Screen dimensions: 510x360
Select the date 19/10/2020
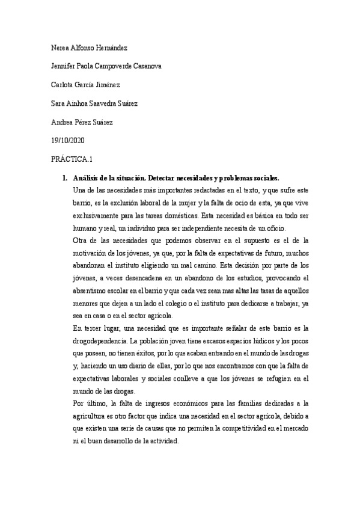tap(69, 141)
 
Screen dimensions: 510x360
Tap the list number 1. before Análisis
tap(65, 179)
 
